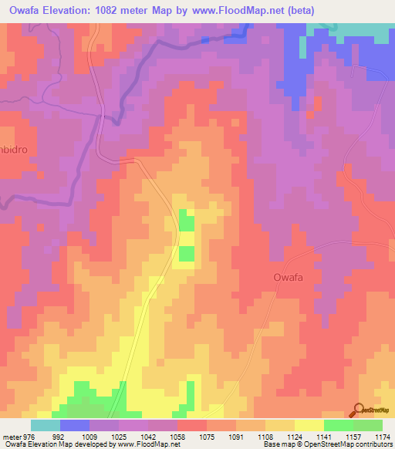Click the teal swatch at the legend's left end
(x=46, y=425)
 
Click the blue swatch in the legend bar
(x=75, y=425)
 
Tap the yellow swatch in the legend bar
(x=309, y=425)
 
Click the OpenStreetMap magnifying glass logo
(x=358, y=409)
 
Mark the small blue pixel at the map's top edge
(x=204, y=39)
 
